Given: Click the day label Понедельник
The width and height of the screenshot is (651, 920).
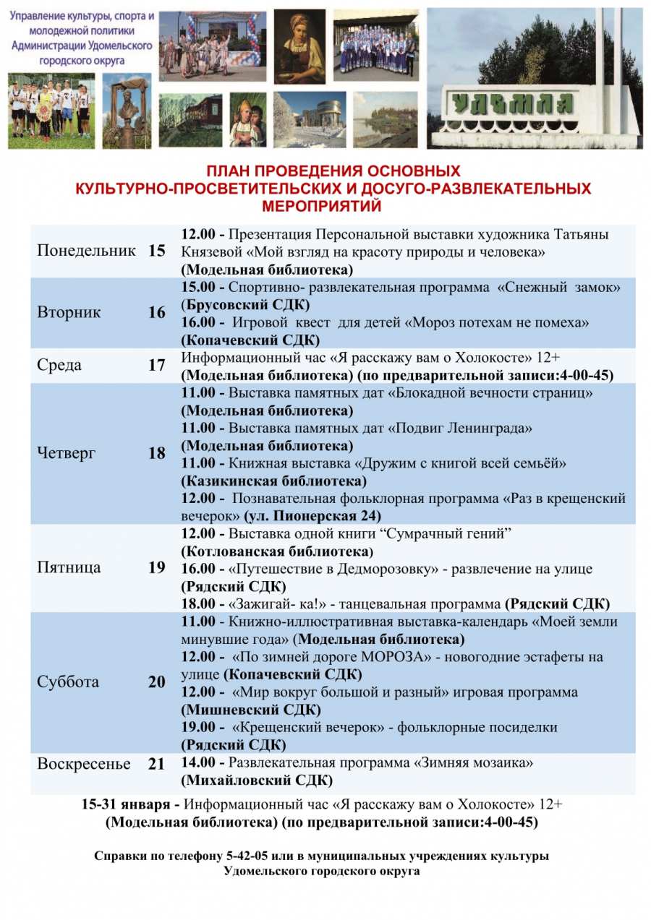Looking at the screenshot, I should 86,251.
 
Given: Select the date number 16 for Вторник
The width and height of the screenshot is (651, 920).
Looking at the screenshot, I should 157,313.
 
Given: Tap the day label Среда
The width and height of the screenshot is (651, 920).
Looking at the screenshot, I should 59,365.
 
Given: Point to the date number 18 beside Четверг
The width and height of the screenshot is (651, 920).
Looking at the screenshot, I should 157,454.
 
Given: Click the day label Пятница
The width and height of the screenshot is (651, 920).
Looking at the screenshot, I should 69,567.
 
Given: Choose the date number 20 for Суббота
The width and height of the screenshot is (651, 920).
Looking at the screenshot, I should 157,682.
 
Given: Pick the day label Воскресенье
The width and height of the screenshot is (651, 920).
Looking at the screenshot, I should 84,764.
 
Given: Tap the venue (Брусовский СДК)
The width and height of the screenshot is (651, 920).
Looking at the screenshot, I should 245,304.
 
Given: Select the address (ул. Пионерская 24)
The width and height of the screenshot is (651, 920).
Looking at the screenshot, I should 312,516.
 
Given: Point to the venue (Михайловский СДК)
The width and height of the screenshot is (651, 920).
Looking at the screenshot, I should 257,781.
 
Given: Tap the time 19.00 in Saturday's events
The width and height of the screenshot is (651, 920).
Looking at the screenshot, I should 197,728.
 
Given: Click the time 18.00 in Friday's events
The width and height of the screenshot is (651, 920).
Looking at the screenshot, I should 197,604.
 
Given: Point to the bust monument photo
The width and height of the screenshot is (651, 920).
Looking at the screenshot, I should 127,111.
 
